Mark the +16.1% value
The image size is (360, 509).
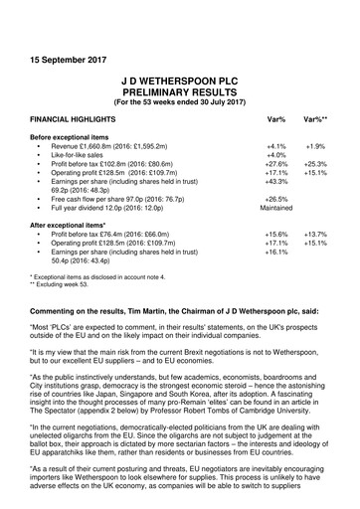277,252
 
